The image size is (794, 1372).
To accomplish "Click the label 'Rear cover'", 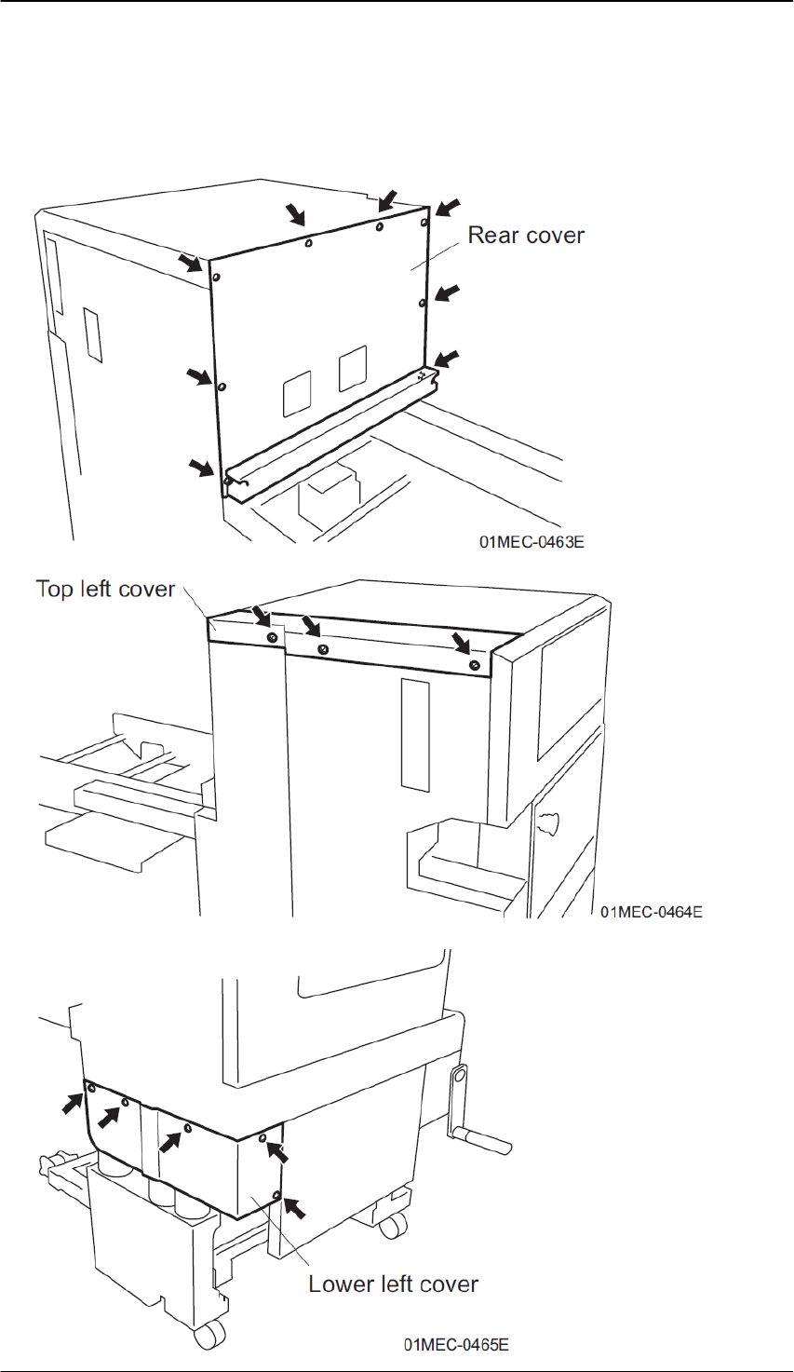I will (526, 236).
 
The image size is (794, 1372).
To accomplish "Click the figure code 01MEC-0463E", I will (532, 541).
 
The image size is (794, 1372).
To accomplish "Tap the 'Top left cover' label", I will (105, 589).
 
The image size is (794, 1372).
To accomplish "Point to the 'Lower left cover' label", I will (394, 1284).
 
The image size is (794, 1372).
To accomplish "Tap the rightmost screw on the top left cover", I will (476, 665).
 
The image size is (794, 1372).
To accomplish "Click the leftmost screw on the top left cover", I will (271, 637).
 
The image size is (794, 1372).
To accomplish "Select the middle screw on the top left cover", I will (322, 648).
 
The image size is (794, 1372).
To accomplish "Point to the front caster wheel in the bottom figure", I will (204, 1338).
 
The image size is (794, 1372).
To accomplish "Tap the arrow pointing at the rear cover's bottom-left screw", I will (200, 466).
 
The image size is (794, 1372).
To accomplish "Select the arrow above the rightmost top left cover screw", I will (459, 642).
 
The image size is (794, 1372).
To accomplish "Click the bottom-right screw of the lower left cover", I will (276, 1194).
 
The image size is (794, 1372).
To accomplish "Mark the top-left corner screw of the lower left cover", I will (90, 1087).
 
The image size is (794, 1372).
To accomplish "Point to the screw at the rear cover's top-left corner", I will (216, 278).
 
